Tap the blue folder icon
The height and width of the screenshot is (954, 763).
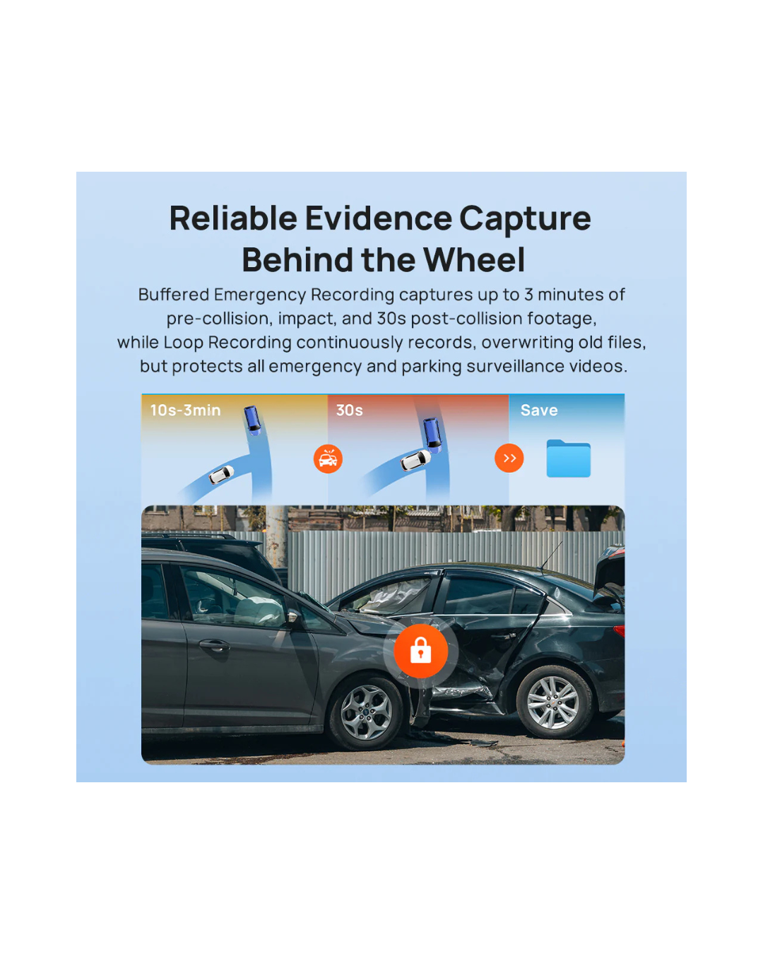[568, 459]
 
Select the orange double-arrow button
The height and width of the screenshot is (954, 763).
[509, 458]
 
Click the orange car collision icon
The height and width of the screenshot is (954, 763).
[328, 459]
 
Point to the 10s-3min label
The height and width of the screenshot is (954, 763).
[185, 410]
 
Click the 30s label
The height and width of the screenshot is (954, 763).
[350, 410]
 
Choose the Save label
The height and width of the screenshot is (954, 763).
[538, 410]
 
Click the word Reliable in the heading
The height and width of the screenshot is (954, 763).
[233, 218]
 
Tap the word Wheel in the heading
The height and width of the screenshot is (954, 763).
[474, 260]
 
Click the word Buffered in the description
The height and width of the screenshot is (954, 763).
[173, 295]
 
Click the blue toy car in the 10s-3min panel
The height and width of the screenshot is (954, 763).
[252, 420]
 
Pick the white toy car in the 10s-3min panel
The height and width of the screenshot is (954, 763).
[221, 474]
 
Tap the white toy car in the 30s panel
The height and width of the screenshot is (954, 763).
[415, 460]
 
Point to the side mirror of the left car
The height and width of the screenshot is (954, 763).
[292, 617]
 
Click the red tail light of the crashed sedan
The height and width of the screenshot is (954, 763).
[619, 631]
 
